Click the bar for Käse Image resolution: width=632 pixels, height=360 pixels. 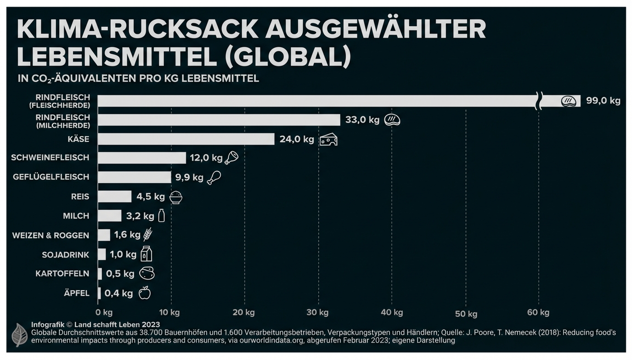tap(186, 139)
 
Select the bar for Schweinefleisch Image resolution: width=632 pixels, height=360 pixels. tap(141, 158)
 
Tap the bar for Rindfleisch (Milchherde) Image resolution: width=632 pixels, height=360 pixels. tap(219, 120)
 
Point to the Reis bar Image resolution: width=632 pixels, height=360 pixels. tap(114, 197)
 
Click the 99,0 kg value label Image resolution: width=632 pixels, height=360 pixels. tap(603, 101)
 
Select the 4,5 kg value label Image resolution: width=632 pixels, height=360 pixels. tap(151, 197)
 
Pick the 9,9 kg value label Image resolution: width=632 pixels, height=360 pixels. tap(189, 177)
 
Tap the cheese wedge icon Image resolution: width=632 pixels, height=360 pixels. tap(328, 140)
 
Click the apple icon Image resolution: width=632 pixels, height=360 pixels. tap(145, 292)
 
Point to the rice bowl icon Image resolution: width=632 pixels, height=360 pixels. tap(176, 197)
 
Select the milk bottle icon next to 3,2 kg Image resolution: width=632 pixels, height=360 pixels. tap(161, 215)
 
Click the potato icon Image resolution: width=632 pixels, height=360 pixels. tap(147, 274)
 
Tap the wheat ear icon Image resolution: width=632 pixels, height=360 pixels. tap(147, 235)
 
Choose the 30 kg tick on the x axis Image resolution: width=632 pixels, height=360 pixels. tap(317, 312)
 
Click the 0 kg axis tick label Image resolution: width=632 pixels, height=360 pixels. tap(104, 312)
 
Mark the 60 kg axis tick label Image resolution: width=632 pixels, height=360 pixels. tap(538, 312)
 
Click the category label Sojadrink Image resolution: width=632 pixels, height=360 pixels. tap(66, 255)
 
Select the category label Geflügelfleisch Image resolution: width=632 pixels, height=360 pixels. tap(51, 177)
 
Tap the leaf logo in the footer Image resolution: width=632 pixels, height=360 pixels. tap(20, 334)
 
